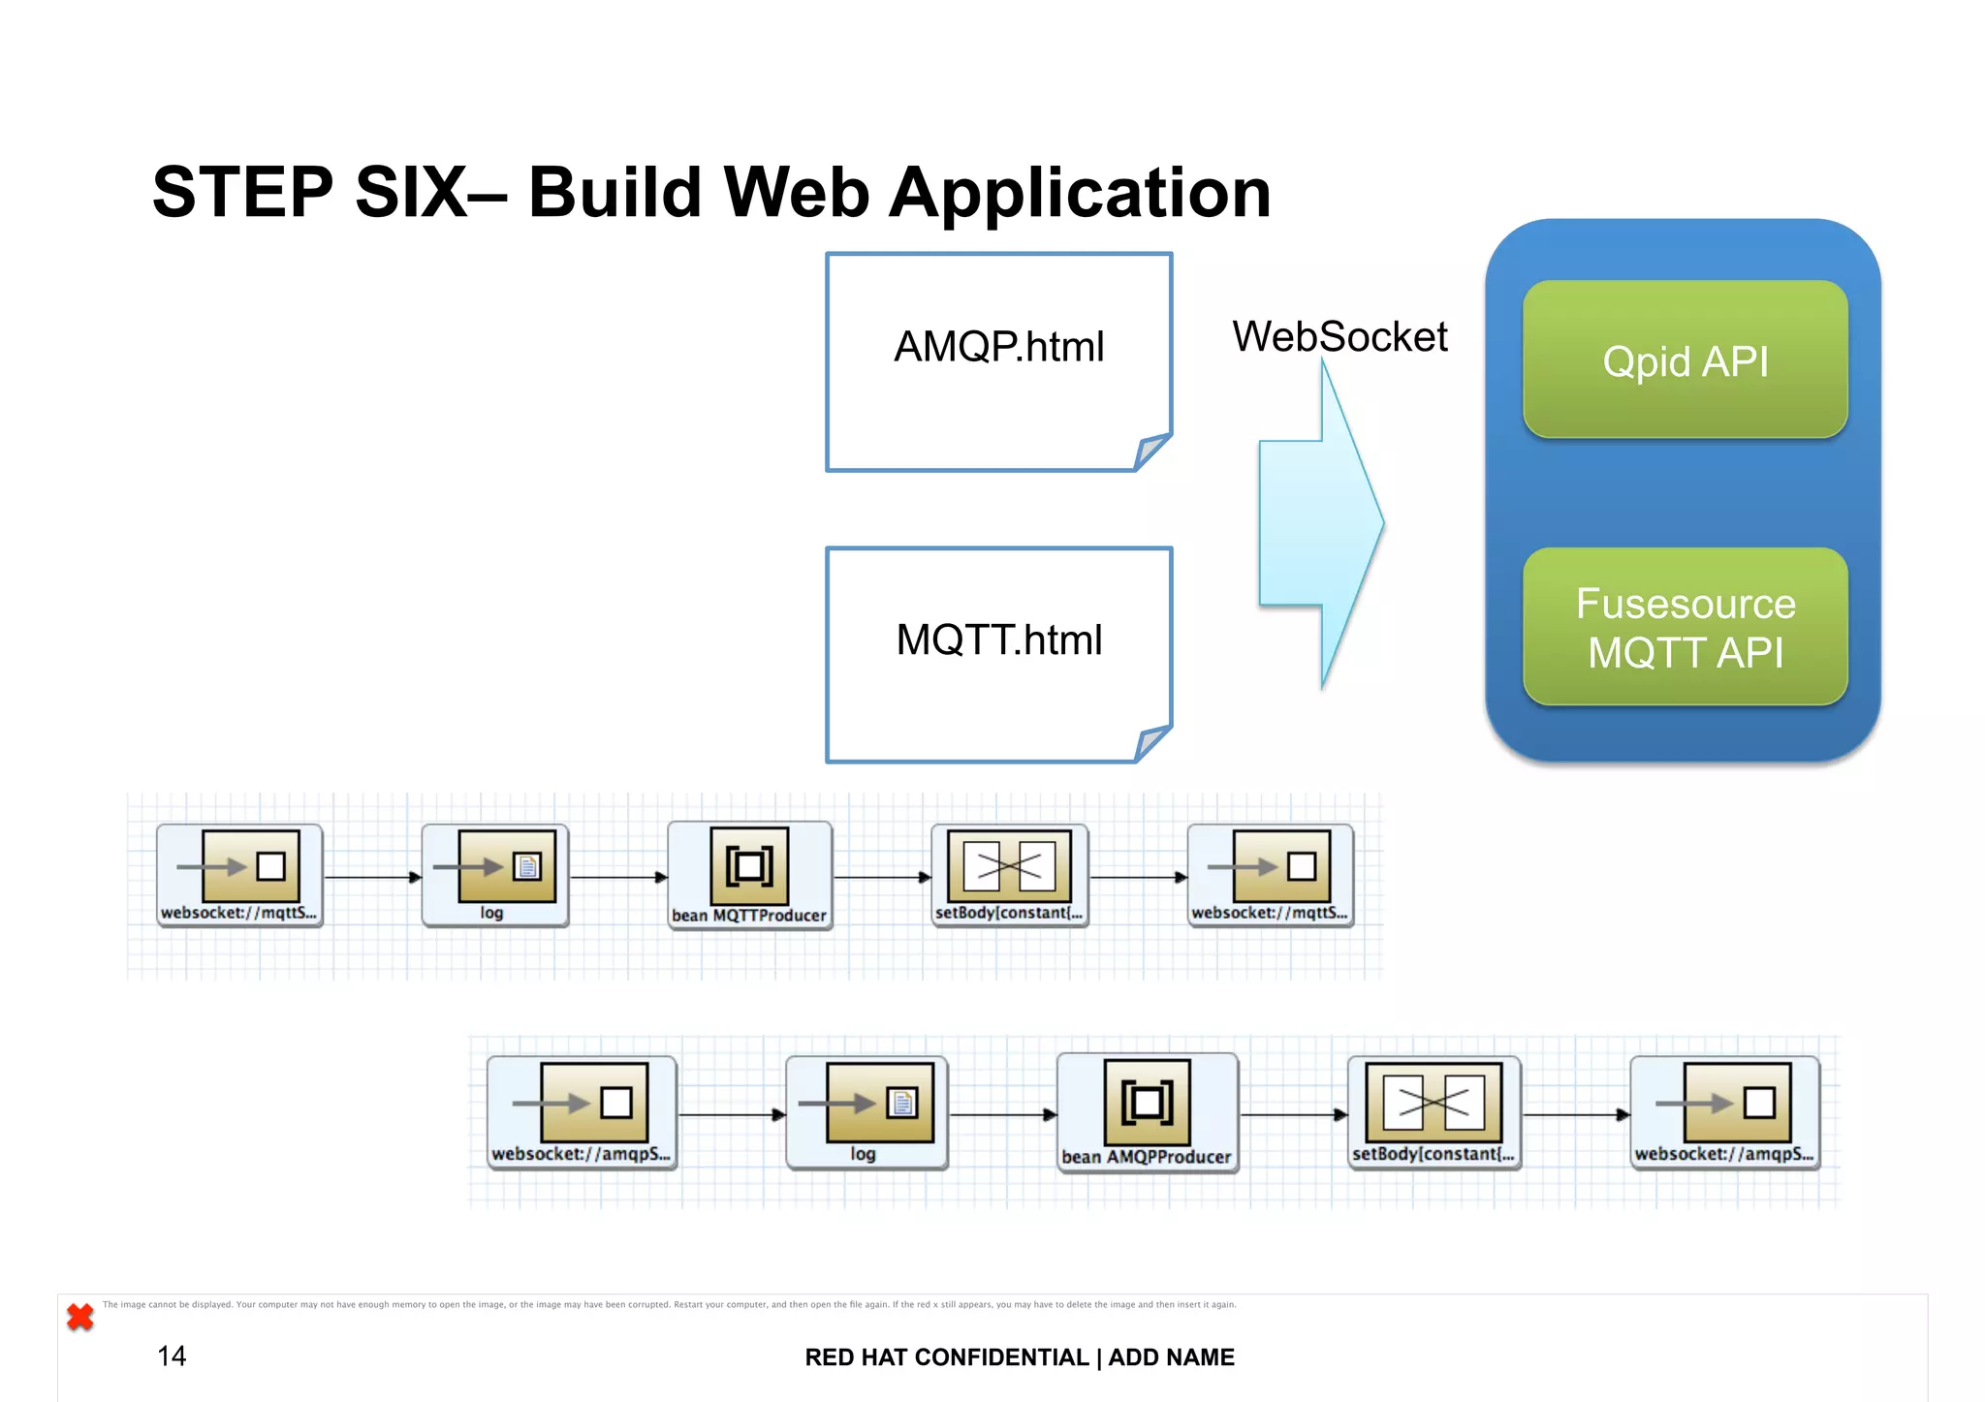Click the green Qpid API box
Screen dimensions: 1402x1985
1685,359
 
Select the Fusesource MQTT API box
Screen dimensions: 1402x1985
1685,627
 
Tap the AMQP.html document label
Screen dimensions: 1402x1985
998,347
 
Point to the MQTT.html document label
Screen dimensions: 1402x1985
998,640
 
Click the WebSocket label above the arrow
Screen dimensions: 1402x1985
1339,337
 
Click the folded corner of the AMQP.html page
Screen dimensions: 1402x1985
1151,452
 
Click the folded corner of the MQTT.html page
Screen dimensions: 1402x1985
1151,743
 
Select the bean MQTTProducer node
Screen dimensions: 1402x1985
749,875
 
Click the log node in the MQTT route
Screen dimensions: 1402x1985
495,875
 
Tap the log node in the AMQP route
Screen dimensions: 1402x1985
866,1112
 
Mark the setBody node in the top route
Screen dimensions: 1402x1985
1009,875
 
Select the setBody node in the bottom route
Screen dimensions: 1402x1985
1434,1112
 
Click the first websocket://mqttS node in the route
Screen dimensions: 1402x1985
239,875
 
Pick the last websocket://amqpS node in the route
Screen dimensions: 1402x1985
1724,1112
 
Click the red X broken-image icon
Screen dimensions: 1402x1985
80,1317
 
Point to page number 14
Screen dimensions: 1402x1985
172,1355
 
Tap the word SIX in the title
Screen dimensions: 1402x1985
411,193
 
